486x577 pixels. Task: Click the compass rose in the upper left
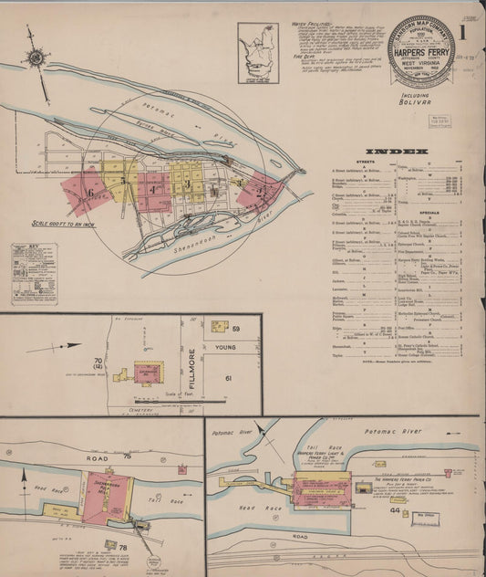36,57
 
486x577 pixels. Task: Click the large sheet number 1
464,36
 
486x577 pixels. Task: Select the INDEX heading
397,151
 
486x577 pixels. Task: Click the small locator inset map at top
258,54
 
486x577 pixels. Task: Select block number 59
235,328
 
